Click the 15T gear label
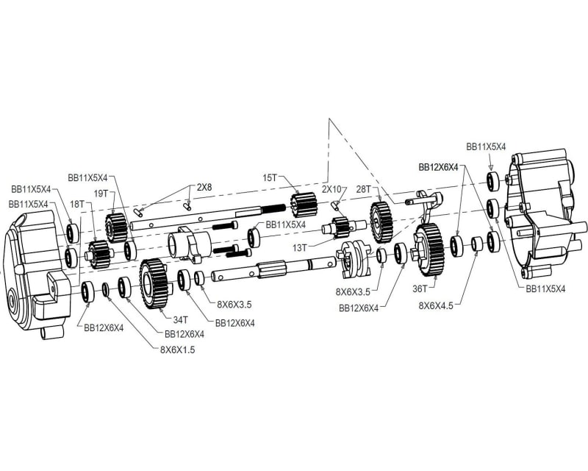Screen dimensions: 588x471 (x=269, y=177)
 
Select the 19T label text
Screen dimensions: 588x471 (x=101, y=194)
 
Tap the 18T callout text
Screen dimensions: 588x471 (x=77, y=205)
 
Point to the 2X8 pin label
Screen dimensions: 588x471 (x=204, y=187)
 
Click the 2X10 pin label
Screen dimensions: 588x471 (x=332, y=189)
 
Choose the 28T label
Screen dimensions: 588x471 (x=363, y=189)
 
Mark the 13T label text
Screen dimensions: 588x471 (x=300, y=247)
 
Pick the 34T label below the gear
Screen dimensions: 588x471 (x=180, y=319)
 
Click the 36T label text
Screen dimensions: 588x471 (x=420, y=288)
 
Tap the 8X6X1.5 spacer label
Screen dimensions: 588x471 (x=177, y=350)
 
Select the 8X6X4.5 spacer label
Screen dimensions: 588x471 (x=436, y=305)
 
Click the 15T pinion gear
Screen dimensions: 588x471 (x=304, y=205)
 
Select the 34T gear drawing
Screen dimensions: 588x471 (x=154, y=283)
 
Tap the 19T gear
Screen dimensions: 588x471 (x=115, y=227)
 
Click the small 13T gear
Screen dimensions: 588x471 (x=341, y=227)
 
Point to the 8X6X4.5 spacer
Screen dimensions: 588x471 (x=477, y=244)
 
